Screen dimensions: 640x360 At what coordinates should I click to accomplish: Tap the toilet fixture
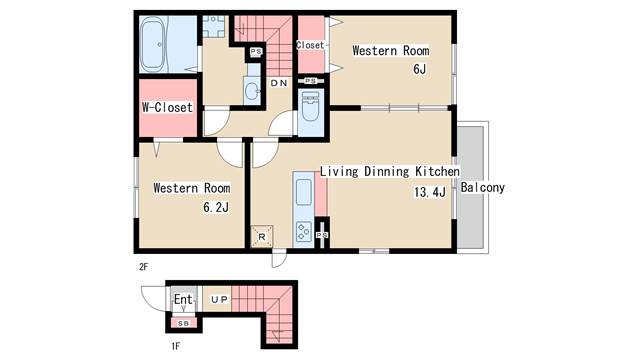coord(311,106)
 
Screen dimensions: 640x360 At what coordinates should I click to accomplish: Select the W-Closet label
coord(167,107)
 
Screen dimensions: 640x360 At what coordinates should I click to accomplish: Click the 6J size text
coord(420,69)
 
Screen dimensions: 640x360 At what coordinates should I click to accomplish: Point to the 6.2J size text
coord(216,207)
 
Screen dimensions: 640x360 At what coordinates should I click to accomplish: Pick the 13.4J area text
coord(430,191)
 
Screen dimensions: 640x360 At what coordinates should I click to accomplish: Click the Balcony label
coord(483,187)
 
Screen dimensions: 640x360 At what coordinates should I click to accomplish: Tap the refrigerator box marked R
coord(262,236)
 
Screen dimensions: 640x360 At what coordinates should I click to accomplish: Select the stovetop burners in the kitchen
coord(304,232)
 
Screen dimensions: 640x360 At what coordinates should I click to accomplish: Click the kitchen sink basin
coord(304,192)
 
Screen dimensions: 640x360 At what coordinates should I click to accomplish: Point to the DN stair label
coord(279,83)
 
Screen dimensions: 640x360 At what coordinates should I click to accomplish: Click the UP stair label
coord(220,300)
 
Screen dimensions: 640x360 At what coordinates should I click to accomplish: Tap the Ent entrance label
coord(183,299)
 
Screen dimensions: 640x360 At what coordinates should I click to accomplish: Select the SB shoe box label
coord(184,323)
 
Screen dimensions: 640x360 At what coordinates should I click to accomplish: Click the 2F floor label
coord(143,267)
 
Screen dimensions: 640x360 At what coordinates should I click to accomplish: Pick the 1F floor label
coord(176,347)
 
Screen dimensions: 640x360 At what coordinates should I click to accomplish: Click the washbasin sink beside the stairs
coord(252,91)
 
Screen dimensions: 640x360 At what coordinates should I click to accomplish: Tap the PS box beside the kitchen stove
coord(322,235)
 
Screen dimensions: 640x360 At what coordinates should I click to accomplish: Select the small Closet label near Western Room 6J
coord(310,45)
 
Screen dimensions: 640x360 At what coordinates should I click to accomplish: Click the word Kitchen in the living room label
coord(437,171)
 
